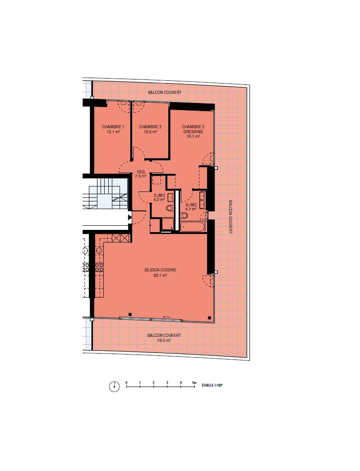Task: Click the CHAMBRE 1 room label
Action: pyautogui.click(x=113, y=127)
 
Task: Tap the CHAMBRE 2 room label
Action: pyautogui.click(x=150, y=127)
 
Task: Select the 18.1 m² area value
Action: pyautogui.click(x=193, y=136)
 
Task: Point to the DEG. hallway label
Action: pyautogui.click(x=141, y=172)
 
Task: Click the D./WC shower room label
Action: pyautogui.click(x=159, y=195)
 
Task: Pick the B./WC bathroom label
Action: pyautogui.click(x=191, y=205)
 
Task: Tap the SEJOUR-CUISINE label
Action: pyautogui.click(x=160, y=270)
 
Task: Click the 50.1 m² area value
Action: pyautogui.click(x=160, y=275)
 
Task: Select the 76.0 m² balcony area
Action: pyautogui.click(x=164, y=340)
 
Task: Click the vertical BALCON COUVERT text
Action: pyautogui.click(x=231, y=217)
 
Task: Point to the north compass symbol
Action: pyautogui.click(x=114, y=387)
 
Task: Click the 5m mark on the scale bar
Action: pyautogui.click(x=194, y=382)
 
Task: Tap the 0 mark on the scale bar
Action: pyautogui.click(x=126, y=382)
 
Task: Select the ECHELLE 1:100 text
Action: pyautogui.click(x=212, y=385)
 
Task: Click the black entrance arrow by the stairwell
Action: pyautogui.click(x=130, y=217)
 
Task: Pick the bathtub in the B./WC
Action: pyautogui.click(x=192, y=227)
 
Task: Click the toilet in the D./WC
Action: pyautogui.click(x=170, y=208)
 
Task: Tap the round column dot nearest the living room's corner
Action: pyautogui.click(x=209, y=318)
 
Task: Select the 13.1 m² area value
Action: pyautogui.click(x=113, y=131)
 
